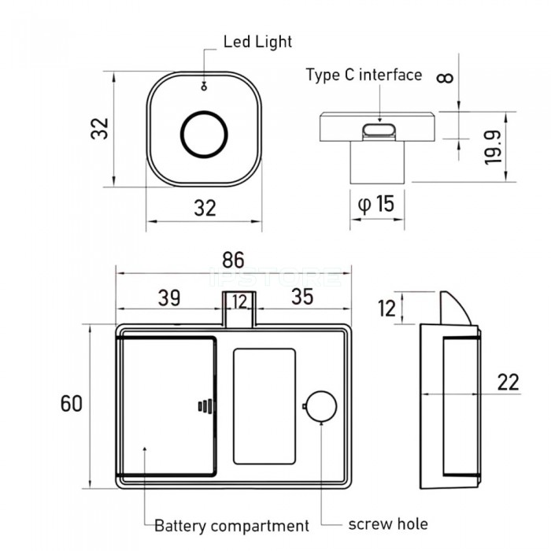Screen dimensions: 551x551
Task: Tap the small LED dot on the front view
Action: coord(204,87)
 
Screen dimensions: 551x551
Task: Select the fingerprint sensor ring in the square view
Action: coord(204,135)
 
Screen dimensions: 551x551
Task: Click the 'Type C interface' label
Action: coord(364,76)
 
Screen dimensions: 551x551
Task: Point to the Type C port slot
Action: coord(380,131)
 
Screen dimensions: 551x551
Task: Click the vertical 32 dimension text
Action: coord(98,128)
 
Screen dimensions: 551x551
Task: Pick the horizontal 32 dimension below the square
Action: coord(204,208)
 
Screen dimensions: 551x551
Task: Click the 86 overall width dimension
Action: coord(233,260)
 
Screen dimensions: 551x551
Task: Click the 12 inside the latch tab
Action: coord(239,301)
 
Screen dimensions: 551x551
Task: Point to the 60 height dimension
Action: coord(71,403)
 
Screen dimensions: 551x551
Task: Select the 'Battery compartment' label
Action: coord(231,525)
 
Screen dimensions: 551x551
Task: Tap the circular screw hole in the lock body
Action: coord(321,406)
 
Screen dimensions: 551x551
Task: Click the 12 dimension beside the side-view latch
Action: coord(386,308)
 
